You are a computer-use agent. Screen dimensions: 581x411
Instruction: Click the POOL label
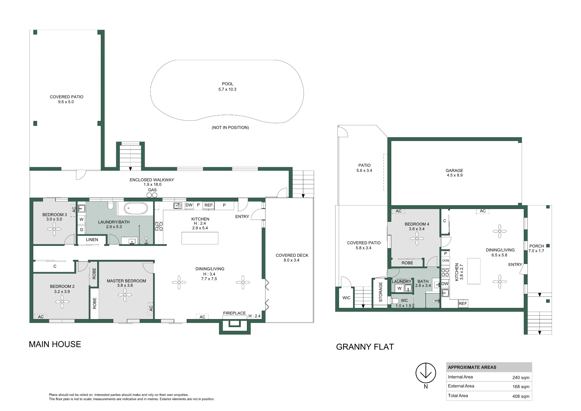click(227, 84)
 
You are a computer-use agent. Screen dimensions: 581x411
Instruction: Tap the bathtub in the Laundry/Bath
click(136, 208)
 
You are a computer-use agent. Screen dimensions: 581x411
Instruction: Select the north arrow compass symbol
click(426, 373)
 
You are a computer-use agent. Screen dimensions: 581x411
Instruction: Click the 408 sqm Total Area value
click(521, 396)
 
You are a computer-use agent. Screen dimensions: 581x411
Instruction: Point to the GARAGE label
click(454, 171)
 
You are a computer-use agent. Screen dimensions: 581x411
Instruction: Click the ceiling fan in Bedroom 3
click(54, 229)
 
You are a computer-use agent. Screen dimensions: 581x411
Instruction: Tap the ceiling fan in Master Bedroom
click(125, 295)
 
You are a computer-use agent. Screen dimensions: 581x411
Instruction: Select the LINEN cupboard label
click(92, 240)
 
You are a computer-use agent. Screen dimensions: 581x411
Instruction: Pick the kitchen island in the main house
click(200, 238)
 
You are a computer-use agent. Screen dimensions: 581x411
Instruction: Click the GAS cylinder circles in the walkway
click(152, 195)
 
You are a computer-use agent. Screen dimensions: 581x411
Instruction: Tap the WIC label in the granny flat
click(346, 298)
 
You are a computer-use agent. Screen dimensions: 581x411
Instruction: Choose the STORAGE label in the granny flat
click(381, 292)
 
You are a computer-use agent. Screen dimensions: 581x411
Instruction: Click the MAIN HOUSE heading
click(55, 344)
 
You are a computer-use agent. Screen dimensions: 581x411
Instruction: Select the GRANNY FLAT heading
click(365, 347)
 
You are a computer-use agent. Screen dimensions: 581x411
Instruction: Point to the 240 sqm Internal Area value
click(521, 378)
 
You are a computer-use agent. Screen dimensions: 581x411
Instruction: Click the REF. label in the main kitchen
click(209, 205)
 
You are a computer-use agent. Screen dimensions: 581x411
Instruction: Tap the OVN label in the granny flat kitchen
click(445, 260)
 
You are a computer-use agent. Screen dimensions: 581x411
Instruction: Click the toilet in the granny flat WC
click(395, 301)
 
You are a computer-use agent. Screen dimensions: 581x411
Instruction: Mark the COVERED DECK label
click(292, 255)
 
